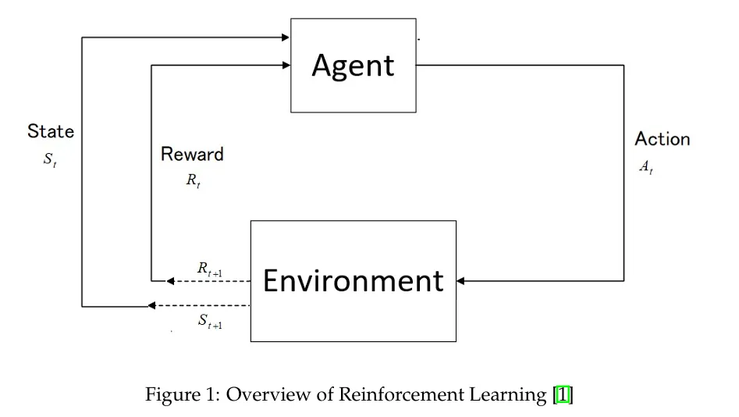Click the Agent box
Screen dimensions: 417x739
coord(353,66)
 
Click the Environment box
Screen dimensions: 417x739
coord(353,280)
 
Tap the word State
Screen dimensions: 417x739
coord(51,131)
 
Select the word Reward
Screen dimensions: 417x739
coord(192,154)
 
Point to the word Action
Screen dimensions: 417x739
coord(663,139)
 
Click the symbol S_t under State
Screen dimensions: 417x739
coord(51,161)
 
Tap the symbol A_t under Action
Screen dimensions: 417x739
coord(646,167)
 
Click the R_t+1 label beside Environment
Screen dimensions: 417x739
coord(210,269)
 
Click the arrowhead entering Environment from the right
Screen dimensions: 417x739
coord(461,280)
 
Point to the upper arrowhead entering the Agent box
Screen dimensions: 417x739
coord(286,37)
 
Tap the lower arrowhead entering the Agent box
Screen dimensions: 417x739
coord(286,66)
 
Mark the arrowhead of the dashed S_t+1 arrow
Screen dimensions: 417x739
coord(152,305)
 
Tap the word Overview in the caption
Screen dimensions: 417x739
coord(271,395)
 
